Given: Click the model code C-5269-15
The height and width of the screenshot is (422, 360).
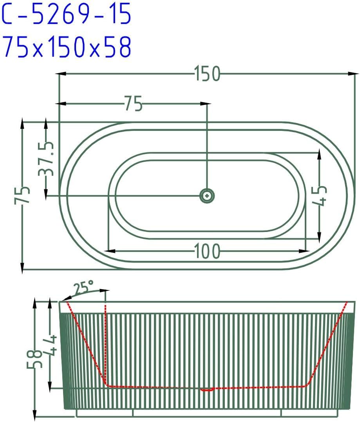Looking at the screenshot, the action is (67, 14).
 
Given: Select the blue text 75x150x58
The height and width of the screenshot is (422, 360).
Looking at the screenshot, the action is (67, 47).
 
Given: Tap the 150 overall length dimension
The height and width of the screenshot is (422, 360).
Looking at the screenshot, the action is (207, 74).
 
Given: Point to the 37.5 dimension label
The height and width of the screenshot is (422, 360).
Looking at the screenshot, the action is (46, 159).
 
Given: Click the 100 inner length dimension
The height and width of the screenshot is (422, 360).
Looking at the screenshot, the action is (207, 251).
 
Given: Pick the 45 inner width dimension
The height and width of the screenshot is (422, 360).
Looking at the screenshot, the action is (320, 196).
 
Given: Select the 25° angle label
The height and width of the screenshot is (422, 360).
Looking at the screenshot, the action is (84, 287).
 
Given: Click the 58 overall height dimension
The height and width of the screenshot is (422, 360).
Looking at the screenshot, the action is (35, 359).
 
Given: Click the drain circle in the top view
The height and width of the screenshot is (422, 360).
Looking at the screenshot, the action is (207, 196).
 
